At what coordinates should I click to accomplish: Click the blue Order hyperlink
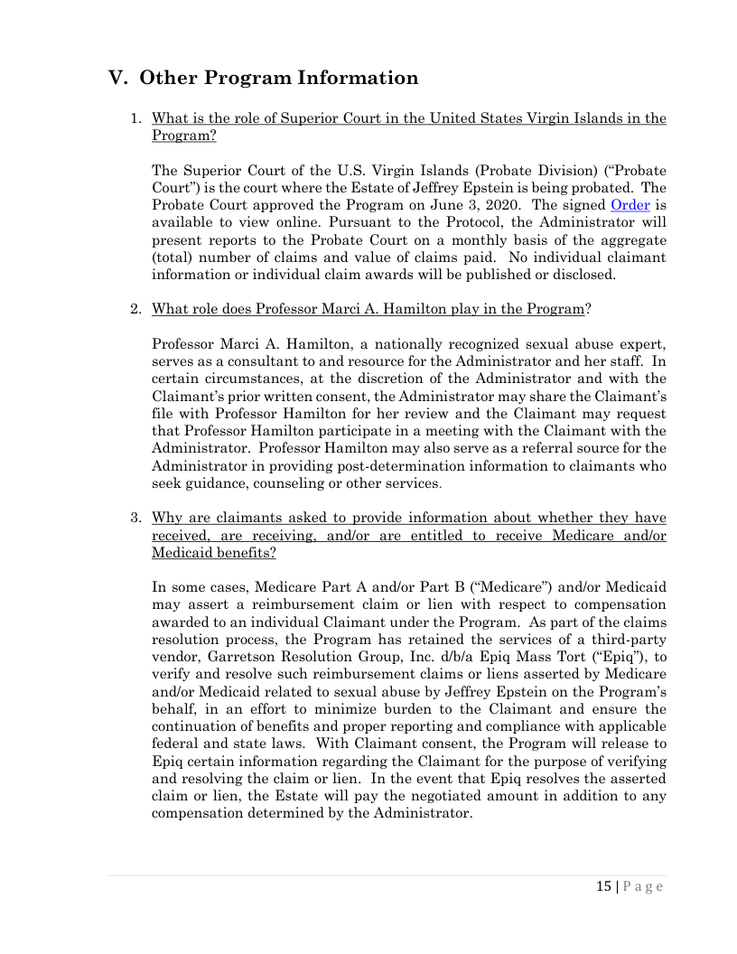point(630,205)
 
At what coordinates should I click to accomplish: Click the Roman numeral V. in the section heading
point(118,78)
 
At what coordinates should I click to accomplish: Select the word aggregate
point(632,239)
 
